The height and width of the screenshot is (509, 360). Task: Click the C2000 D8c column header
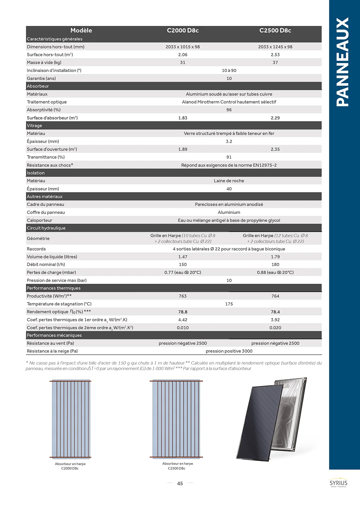pyautogui.click(x=183, y=30)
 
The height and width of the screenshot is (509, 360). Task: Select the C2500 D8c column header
pyautogui.click(x=275, y=30)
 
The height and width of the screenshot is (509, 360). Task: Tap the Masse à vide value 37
pyautogui.click(x=275, y=62)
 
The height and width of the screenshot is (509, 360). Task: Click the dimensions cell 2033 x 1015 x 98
pyautogui.click(x=183, y=47)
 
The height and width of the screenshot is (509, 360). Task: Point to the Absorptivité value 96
pyautogui.click(x=229, y=110)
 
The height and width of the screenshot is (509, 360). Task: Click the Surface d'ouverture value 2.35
pyautogui.click(x=275, y=149)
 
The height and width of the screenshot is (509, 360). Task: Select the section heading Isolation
pyautogui.click(x=36, y=173)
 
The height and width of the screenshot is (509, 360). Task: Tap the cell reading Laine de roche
pyautogui.click(x=229, y=181)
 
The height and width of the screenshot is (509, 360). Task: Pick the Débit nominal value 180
pyautogui.click(x=275, y=264)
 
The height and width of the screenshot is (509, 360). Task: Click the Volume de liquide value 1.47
pyautogui.click(x=183, y=257)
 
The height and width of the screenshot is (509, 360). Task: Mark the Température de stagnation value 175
pyautogui.click(x=229, y=304)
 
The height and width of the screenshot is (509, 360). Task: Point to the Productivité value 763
pyautogui.click(x=183, y=296)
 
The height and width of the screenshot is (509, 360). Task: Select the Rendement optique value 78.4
pyautogui.click(x=275, y=312)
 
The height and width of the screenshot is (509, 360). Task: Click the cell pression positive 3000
pyautogui.click(x=229, y=351)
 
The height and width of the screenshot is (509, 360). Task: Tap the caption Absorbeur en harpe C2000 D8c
pyautogui.click(x=70, y=466)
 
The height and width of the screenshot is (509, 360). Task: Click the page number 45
pyautogui.click(x=180, y=483)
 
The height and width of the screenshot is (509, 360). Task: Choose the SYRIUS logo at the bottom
pyautogui.click(x=338, y=483)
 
